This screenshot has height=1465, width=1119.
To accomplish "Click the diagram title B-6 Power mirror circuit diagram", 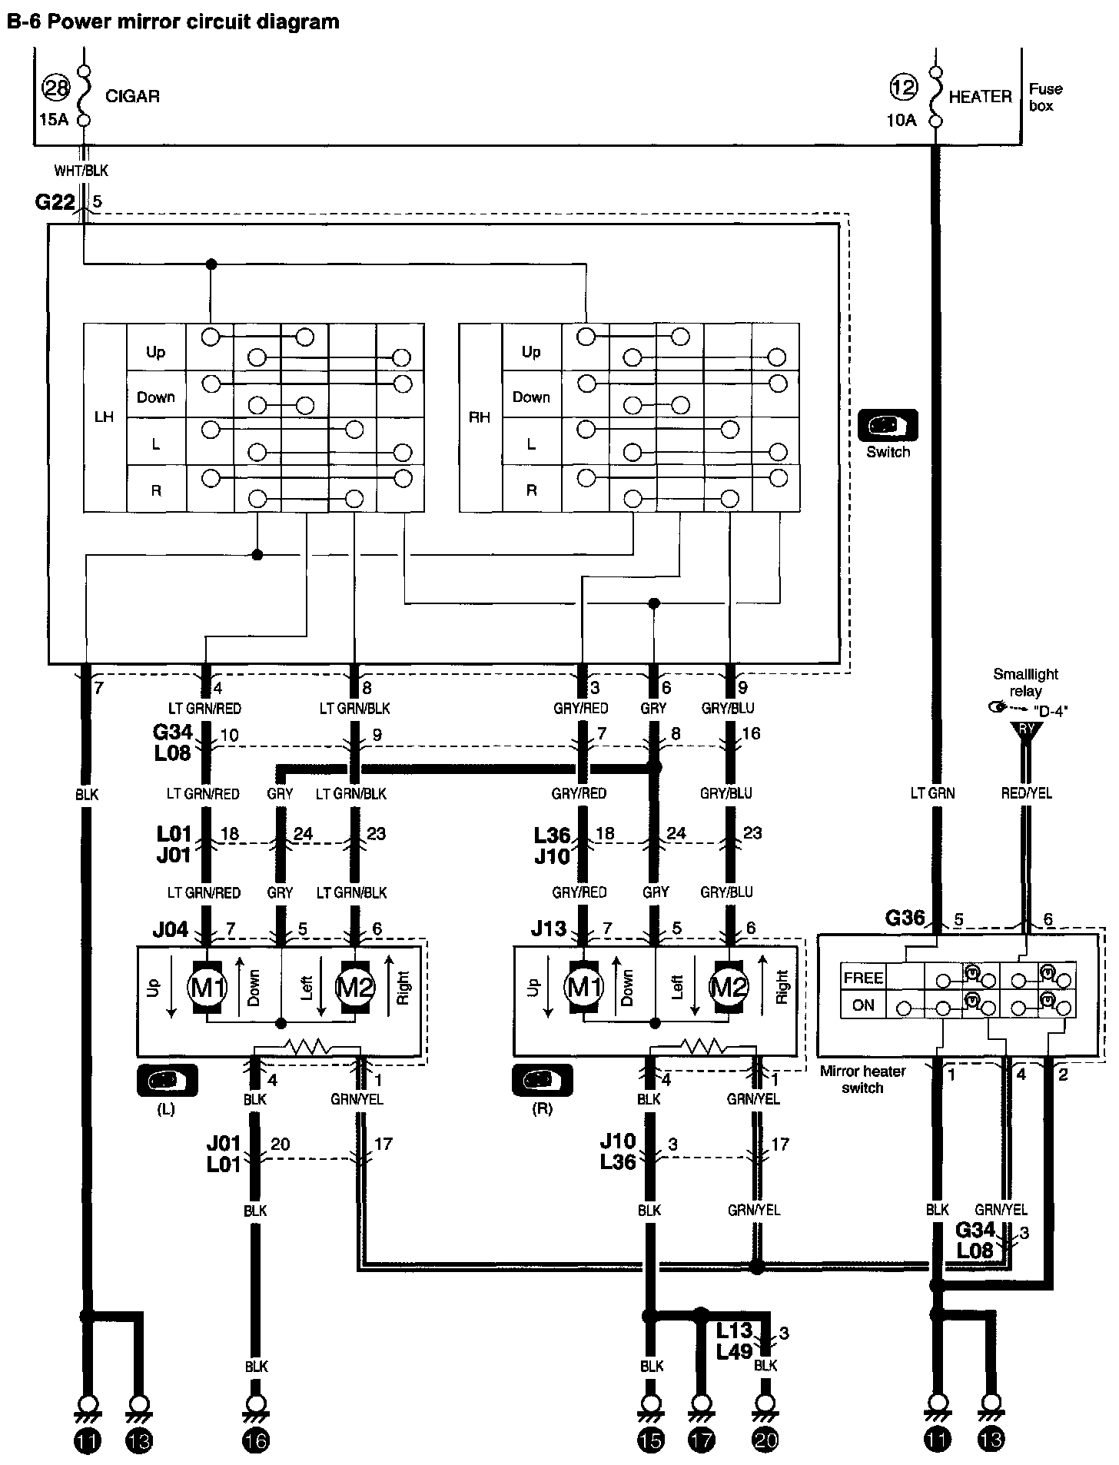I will click(x=173, y=22).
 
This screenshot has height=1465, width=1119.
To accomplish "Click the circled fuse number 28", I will click(x=56, y=88).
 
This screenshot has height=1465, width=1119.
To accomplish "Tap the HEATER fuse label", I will click(x=980, y=97).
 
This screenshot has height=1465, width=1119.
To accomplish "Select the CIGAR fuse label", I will click(x=132, y=97).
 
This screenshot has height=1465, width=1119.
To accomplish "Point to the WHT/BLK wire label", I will click(x=81, y=171).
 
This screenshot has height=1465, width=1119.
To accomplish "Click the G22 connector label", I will click(x=55, y=202).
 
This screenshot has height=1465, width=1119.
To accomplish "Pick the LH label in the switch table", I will click(x=104, y=417).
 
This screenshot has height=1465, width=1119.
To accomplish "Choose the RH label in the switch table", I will click(x=480, y=417).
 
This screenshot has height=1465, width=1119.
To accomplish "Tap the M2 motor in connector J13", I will click(x=727, y=987).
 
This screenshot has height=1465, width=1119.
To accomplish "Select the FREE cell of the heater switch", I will click(x=863, y=978).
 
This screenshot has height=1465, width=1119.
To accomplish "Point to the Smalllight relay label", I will click(x=1025, y=682).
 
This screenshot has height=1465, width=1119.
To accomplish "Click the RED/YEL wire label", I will click(x=1025, y=793).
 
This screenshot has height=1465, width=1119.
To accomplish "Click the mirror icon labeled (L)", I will click(x=167, y=1081).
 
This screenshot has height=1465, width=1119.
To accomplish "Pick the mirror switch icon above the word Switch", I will click(x=888, y=425).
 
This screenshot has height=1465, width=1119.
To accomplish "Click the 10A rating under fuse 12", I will click(x=902, y=120).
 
